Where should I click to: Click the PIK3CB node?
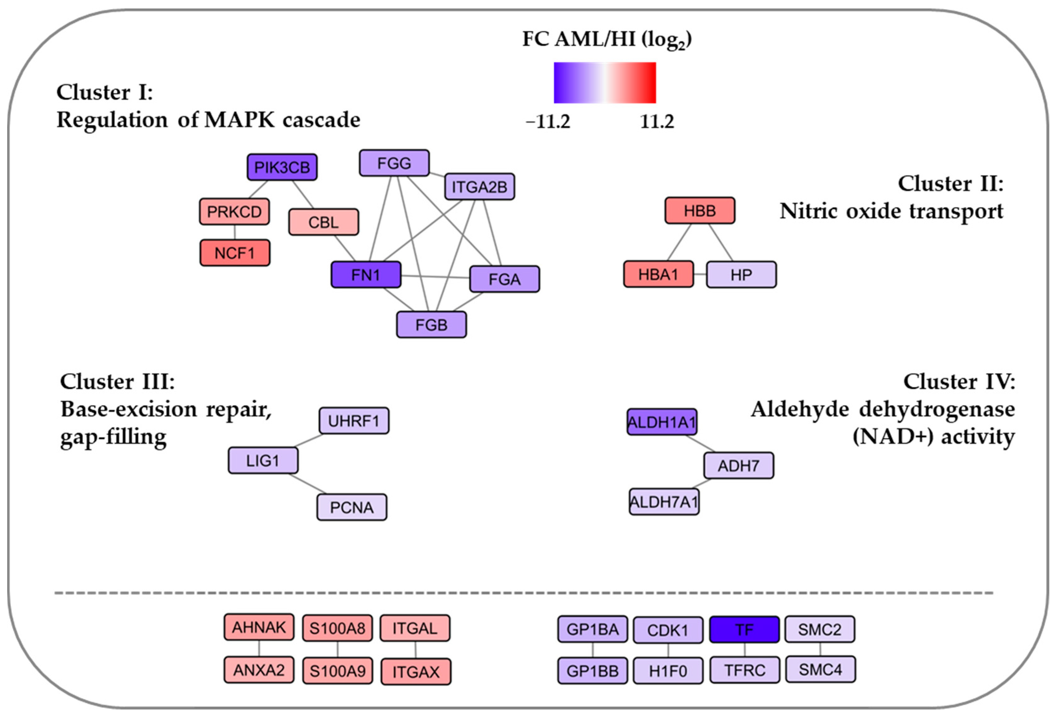pyautogui.click(x=282, y=167)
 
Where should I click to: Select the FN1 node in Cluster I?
pyautogui.click(x=366, y=274)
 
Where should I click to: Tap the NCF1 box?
pyautogui.click(x=235, y=253)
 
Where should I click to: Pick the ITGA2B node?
pyautogui.click(x=479, y=186)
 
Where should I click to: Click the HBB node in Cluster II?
pyautogui.click(x=700, y=210)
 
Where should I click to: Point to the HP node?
pyautogui.click(x=741, y=274)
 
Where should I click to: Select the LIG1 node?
pyautogui.click(x=263, y=460)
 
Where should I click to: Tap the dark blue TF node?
pyautogui.click(x=744, y=629)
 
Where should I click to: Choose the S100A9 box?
pyautogui.click(x=338, y=671)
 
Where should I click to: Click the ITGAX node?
pyautogui.click(x=416, y=672)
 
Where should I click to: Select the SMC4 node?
pyautogui.click(x=820, y=669)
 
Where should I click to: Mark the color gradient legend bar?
pyautogui.click(x=605, y=83)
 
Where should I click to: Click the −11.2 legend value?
pyautogui.click(x=548, y=122)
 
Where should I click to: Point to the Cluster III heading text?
pyautogui.click(x=118, y=382)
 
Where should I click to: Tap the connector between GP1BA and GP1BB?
pyautogui.click(x=593, y=650)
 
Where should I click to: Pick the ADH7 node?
pyautogui.click(x=738, y=465)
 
